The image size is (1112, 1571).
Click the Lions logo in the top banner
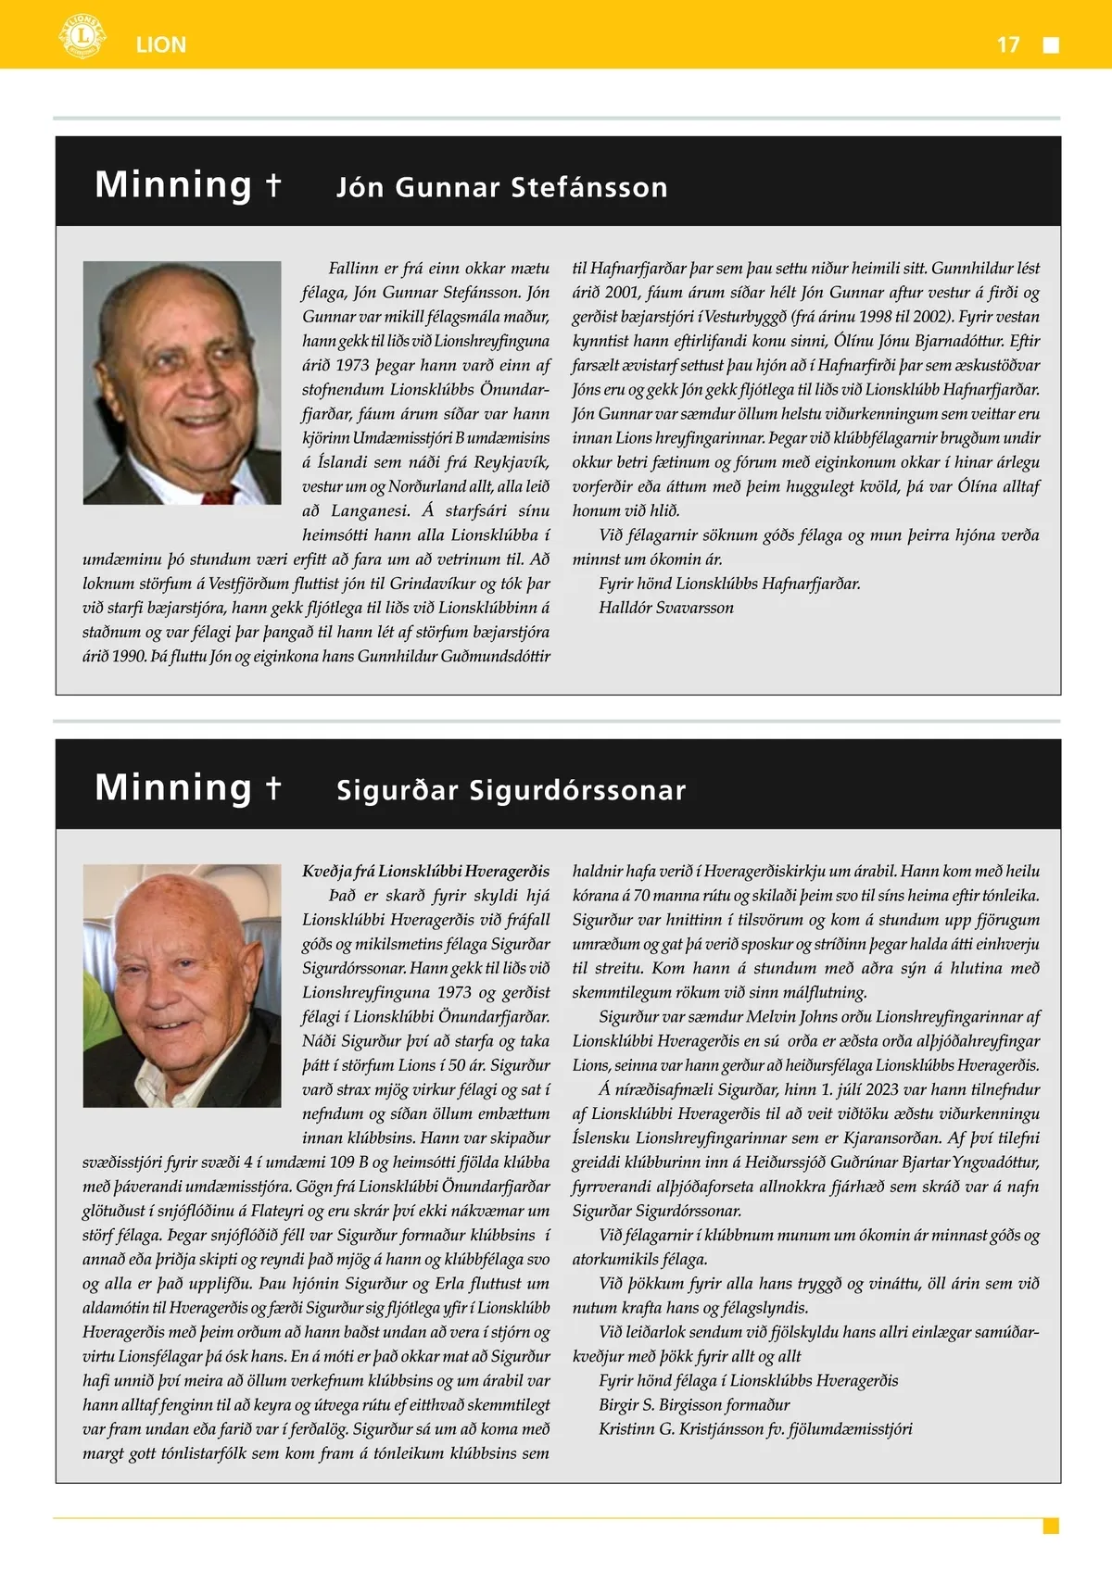(82, 37)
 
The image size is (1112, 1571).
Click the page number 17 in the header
(1008, 44)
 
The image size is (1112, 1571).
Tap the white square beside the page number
(1051, 45)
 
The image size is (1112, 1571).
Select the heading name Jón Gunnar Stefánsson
(501, 187)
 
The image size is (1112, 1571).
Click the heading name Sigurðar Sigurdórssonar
(511, 790)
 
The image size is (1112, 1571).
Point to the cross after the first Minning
(273, 183)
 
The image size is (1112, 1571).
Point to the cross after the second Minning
(273, 786)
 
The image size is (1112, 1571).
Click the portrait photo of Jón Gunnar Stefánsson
(182, 383)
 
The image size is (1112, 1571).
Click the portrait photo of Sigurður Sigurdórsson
(182, 986)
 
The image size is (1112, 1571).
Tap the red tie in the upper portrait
(221, 496)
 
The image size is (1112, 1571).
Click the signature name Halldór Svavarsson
(666, 608)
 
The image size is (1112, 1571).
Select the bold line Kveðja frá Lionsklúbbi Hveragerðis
(425, 871)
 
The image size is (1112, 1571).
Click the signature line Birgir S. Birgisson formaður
(694, 1404)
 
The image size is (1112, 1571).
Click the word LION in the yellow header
(160, 44)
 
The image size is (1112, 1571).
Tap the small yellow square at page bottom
(1051, 1526)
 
